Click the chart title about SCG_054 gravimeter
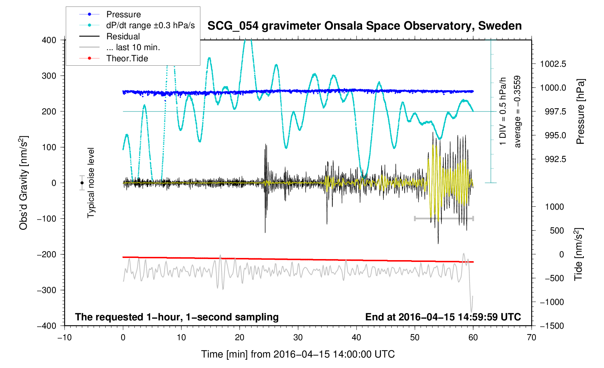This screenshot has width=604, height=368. coord(364,26)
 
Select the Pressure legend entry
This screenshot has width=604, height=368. coord(123,14)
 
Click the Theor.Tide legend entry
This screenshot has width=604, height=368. coord(127,58)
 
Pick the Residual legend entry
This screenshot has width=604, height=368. coord(123,36)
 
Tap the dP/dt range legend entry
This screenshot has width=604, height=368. coord(150,25)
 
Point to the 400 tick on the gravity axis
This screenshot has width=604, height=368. coord(49,40)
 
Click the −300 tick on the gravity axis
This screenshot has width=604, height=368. coord(47,290)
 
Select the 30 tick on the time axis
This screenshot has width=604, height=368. coord(298,337)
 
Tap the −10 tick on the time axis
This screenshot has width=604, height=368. coord(65,337)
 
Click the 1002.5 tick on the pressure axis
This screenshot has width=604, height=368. coord(553,64)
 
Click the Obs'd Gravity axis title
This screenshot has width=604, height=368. coord(24,183)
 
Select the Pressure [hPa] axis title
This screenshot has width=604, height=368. coord(580,111)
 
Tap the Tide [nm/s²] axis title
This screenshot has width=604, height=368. coord(578,254)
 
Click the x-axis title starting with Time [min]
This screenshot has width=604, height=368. coord(298,354)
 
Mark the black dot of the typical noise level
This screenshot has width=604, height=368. coord(82,183)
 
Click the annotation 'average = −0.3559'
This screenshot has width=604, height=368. coord(518,111)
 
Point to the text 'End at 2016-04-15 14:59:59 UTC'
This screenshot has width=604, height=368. coord(443,317)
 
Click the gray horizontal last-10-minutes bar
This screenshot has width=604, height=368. coord(444,218)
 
